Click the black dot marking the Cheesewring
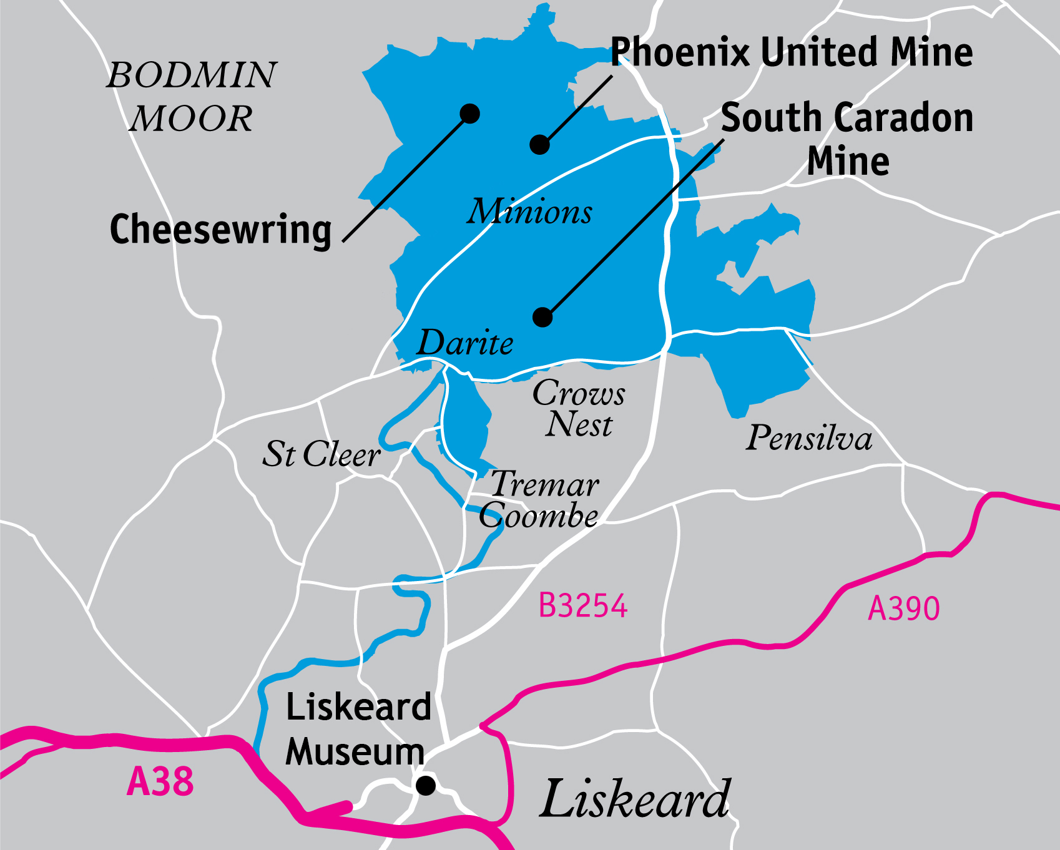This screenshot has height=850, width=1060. click(x=469, y=114)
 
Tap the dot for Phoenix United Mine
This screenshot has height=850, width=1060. click(x=539, y=145)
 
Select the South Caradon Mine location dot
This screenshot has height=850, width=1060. click(x=542, y=317)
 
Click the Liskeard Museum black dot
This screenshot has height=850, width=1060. click(x=426, y=785)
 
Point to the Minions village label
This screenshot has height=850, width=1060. click(x=529, y=212)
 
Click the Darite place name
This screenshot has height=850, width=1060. click(x=465, y=343)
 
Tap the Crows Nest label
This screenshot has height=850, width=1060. click(x=579, y=409)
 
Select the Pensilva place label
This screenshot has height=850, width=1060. click(x=809, y=437)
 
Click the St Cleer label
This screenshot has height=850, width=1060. click(x=321, y=454)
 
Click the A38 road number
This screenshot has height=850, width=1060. click(x=160, y=782)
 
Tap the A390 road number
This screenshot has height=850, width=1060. click(x=904, y=608)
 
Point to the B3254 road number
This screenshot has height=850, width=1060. click(x=583, y=605)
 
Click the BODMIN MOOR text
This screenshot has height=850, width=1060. click(x=191, y=96)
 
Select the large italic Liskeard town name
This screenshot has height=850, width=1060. click(x=635, y=799)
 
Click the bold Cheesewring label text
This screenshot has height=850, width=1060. click(x=220, y=230)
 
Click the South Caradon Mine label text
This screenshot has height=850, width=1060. click(x=847, y=139)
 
